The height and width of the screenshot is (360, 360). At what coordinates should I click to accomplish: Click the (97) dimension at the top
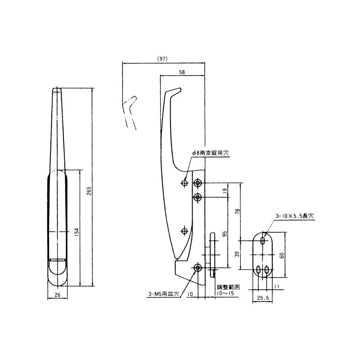click(162, 59)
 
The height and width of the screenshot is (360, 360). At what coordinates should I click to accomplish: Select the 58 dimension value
click(182, 72)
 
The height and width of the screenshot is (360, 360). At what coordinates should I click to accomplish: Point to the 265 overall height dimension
click(89, 191)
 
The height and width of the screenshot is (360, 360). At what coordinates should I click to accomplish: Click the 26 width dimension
click(58, 295)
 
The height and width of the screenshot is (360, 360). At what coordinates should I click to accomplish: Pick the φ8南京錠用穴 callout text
click(210, 153)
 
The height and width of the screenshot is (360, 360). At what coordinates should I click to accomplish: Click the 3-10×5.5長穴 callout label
click(294, 216)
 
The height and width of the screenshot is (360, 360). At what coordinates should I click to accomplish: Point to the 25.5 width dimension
click(263, 298)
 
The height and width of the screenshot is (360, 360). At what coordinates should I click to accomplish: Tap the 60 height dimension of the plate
click(282, 255)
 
